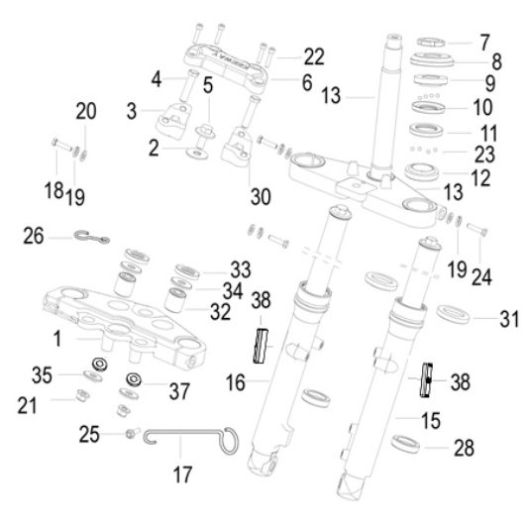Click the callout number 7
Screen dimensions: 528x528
coord(484,43)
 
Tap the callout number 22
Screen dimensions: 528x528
coord(314,56)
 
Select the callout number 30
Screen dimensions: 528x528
coord(261,197)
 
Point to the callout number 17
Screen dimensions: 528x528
coord(182,475)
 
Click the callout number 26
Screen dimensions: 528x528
coord(34,236)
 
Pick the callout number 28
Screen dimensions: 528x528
coord(464,448)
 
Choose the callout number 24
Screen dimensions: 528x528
coord(481,276)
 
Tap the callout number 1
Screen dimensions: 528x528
coord(57,339)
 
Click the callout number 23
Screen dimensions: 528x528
coord(484,155)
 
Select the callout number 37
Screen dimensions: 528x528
coord(179,391)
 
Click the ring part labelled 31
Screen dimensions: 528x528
coord(454,314)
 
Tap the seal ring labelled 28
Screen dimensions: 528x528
coord(406,444)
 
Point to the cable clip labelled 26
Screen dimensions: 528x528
coord(91,237)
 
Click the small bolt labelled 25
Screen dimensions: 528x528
coord(133,433)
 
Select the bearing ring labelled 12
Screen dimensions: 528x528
coord(422,171)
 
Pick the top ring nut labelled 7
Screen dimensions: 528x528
coord(431,42)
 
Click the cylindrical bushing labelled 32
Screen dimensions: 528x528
coord(175,300)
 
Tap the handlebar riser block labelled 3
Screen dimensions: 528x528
coord(172,121)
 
